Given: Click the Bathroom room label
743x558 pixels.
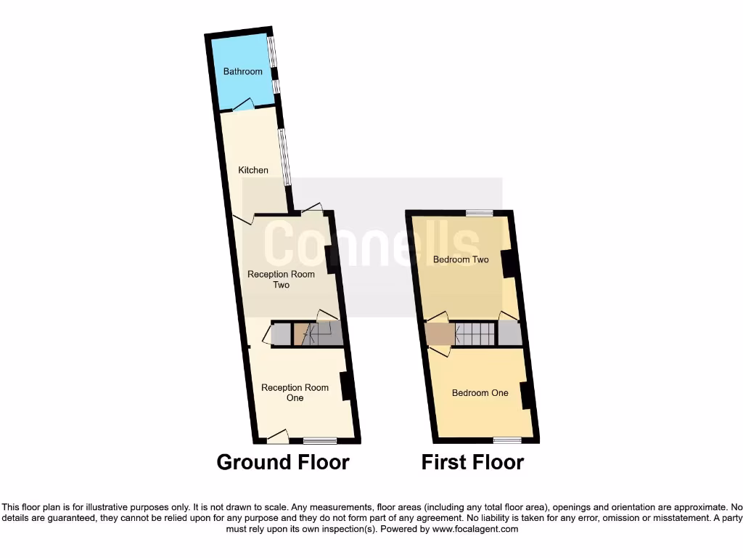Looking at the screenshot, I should pos(242,71).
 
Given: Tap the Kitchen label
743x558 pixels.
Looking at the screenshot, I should pos(253,170).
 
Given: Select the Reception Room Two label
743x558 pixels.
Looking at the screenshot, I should pos(281,279).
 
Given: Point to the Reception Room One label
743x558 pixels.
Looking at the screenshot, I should pos(295,392).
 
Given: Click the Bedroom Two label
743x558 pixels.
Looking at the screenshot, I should pos(461,259).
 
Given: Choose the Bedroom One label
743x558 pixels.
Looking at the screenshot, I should pos(480,392).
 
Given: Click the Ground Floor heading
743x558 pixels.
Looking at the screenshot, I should pos(283,462).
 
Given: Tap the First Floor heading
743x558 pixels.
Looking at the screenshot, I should pos(472,462).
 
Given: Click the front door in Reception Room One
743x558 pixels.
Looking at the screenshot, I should pos(277,437).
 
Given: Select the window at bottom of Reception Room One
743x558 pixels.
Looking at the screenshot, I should pos(320,440).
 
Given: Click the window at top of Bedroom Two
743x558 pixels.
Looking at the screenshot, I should pos(479,213).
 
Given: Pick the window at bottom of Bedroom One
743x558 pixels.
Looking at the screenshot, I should pos(507,440).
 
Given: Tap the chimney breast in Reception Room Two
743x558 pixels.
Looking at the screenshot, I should pos(330,259).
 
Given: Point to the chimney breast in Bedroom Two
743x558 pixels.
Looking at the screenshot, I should pos(509,264).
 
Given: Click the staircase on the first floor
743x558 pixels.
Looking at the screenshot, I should pos(476,334).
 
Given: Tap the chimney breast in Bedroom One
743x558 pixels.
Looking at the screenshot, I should pos(525,395).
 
